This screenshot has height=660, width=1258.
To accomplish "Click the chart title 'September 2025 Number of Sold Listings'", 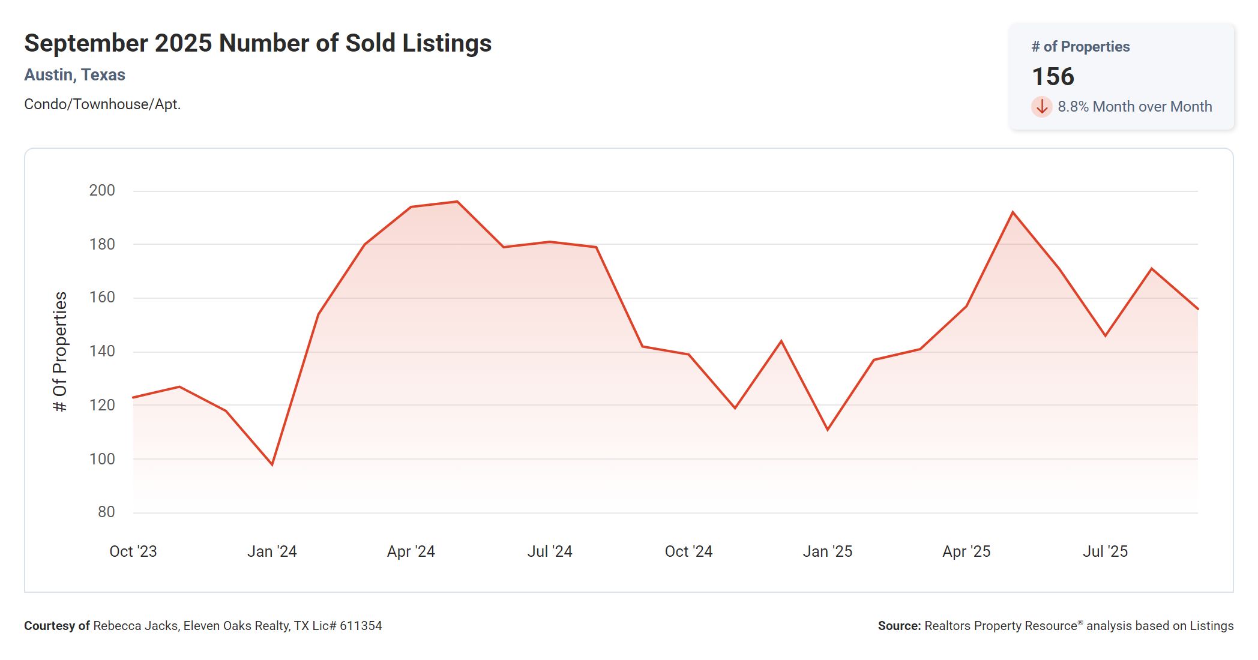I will tap(257, 43).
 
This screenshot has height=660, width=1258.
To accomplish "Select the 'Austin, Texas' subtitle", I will tap(74, 75).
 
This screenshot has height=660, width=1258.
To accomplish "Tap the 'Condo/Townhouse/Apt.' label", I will tap(102, 104).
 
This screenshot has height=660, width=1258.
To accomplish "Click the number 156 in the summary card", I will tap(1053, 77).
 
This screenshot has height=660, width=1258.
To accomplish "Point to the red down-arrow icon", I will tap(1041, 107).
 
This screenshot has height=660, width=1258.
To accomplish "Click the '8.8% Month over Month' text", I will tap(1134, 107).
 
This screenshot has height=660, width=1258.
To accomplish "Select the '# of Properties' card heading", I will tap(1080, 47).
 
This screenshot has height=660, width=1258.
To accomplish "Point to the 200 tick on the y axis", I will tap(102, 190).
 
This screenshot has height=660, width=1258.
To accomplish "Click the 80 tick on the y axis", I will tap(106, 512).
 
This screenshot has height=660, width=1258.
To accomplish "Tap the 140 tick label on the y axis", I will tap(102, 351).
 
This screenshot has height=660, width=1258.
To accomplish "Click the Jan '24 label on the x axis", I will tap(272, 551).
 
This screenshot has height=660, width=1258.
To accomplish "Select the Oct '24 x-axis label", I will tap(688, 551).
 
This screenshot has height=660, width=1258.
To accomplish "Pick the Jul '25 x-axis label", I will tap(1105, 551).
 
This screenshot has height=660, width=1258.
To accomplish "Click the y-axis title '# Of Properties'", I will tap(60, 352).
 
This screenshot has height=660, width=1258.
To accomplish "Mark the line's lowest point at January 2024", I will tap(272, 464).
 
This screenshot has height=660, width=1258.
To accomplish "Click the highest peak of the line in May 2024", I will tap(457, 202).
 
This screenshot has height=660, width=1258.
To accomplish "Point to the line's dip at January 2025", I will tap(828, 430).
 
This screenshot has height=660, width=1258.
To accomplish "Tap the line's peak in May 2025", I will tap(1013, 212).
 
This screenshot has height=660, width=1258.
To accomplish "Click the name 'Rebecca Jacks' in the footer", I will tap(135, 626).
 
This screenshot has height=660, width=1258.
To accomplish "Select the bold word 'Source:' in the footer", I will tap(899, 626).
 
